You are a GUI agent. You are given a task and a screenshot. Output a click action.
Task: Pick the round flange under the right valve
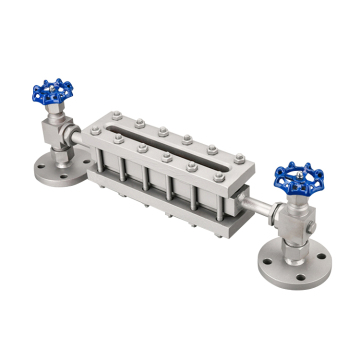point(292,258)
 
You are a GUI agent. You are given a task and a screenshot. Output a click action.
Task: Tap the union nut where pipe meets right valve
point(274,210)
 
